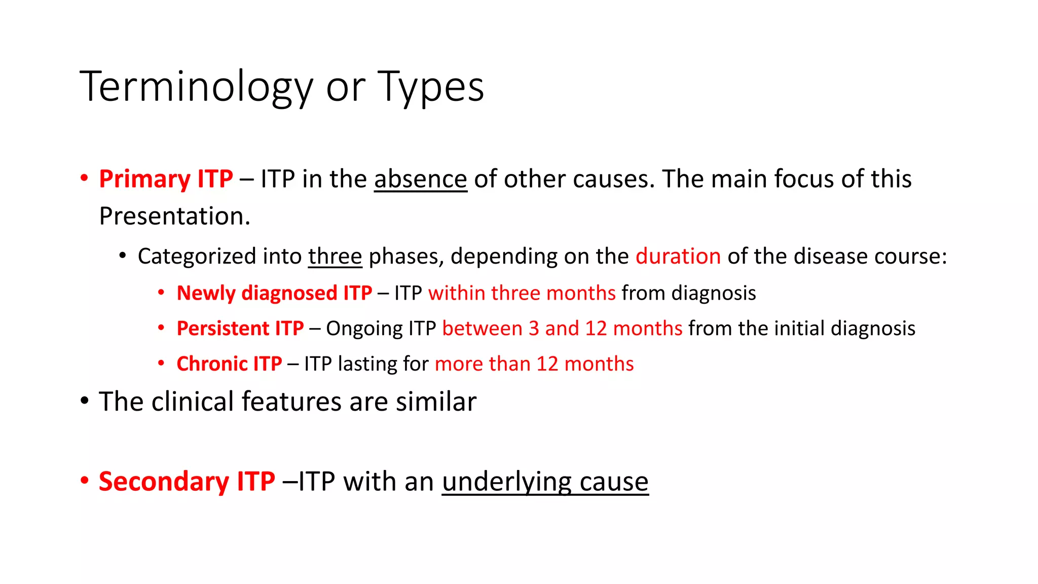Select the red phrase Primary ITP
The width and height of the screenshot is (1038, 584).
(166, 179)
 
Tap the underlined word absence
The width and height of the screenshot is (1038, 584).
(420, 179)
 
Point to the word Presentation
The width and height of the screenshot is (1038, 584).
(174, 216)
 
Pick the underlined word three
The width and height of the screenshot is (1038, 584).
(335, 256)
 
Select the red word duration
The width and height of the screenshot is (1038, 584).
(678, 256)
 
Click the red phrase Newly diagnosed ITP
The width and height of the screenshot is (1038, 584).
(274, 293)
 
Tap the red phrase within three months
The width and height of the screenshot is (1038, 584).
(522, 293)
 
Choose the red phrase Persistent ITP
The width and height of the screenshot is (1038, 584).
(240, 328)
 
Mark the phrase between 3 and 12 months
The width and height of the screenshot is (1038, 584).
(562, 328)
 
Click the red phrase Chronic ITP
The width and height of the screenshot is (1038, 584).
(229, 364)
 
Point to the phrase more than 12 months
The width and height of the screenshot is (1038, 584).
(534, 364)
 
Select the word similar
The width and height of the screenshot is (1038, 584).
(436, 401)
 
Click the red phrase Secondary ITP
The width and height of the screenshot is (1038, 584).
(187, 481)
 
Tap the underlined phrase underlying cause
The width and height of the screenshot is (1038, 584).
(545, 481)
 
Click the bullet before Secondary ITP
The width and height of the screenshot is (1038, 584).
(85, 480)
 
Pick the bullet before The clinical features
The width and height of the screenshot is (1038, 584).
(85, 401)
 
